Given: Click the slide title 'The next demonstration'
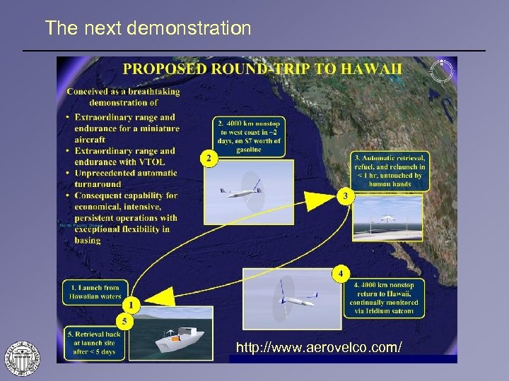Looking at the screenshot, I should pos(148,28).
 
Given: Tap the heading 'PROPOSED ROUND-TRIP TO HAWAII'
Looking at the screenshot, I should pos(263,68).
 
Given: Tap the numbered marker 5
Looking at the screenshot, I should pos(123,321).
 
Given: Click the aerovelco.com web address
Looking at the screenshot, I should pos(320,348).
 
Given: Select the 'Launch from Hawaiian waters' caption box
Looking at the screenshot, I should pos(95,291).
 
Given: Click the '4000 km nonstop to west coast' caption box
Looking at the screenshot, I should pos(249,135).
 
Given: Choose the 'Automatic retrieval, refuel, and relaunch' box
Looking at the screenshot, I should pos(390,170).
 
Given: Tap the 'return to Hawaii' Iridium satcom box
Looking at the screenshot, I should pos(386,297).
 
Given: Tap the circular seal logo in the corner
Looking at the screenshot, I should pos(22,357).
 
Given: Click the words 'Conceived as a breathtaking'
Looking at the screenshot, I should pos(123,91).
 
